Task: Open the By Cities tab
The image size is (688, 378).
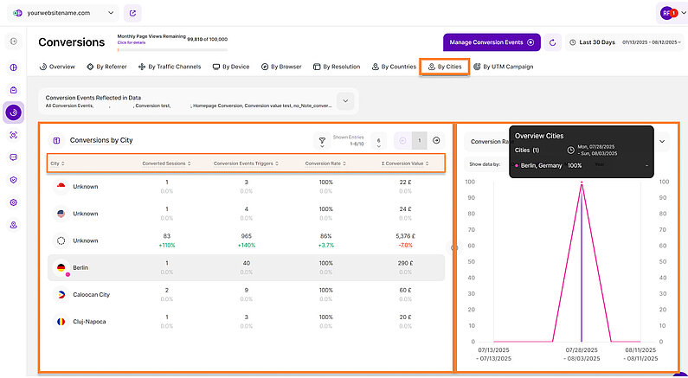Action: [445, 67]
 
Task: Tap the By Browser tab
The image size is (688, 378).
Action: [282, 67]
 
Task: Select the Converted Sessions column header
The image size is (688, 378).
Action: [165, 163]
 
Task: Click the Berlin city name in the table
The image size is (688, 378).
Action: [80, 268]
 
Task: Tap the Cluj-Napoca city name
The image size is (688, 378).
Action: [90, 321]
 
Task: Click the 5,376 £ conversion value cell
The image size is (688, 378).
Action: [406, 235]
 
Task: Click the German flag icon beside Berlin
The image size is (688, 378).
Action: [61, 268]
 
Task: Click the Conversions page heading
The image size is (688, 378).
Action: [72, 42]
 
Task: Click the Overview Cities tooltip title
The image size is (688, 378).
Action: [538, 136]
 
